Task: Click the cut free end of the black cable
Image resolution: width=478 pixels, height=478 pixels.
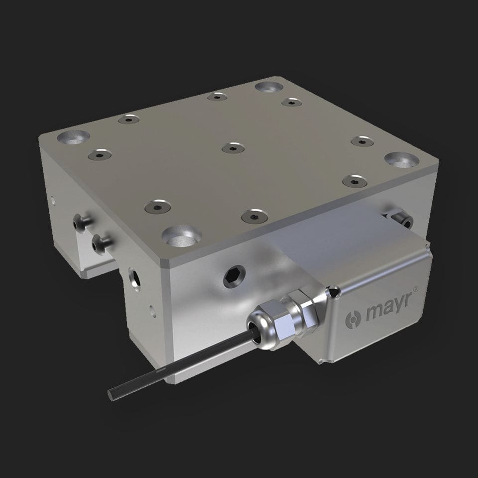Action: [111, 394]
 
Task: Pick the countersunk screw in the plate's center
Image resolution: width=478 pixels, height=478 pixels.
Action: [233, 148]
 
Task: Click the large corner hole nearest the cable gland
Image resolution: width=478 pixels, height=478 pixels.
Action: [180, 236]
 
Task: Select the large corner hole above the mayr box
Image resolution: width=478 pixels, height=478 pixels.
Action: [402, 160]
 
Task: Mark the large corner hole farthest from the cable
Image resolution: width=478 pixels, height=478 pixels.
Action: [269, 87]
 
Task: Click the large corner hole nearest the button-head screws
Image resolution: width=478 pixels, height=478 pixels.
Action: [73, 136]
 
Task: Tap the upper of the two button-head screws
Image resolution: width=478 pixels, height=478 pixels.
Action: [81, 224]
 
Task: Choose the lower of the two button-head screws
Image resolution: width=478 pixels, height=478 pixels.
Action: [101, 243]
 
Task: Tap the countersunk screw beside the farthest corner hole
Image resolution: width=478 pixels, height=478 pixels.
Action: [291, 102]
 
